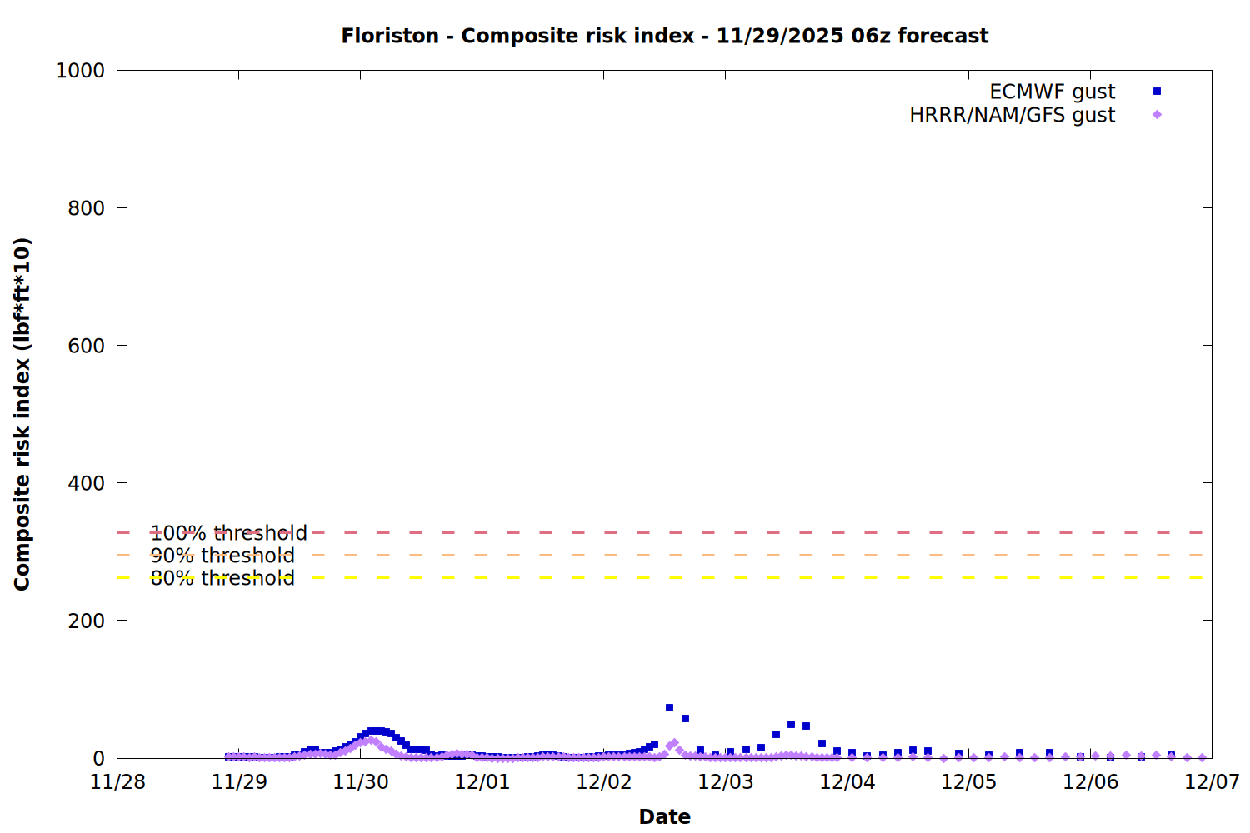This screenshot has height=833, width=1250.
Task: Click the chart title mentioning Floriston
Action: point(664,36)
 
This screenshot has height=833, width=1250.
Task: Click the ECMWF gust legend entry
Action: point(1052,92)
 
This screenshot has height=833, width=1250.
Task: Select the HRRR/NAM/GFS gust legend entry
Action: point(1012,115)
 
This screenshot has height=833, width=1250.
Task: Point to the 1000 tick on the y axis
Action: point(80,71)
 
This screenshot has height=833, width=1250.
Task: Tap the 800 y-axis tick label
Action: point(86,208)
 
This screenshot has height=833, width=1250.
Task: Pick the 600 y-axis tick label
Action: point(86,346)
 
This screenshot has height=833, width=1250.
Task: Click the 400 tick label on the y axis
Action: point(86,483)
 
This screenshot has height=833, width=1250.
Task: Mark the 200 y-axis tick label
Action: point(86,621)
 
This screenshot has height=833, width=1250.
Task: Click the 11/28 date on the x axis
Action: point(117,782)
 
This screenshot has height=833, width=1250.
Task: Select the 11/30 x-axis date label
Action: point(361,782)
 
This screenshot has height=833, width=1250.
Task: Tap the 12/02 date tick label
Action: point(604,782)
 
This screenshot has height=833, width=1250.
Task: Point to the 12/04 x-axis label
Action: point(847,782)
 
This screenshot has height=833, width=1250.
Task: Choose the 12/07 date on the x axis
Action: point(1212,782)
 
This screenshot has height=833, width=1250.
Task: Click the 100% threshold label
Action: point(228,533)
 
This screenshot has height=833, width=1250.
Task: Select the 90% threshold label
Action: point(222,556)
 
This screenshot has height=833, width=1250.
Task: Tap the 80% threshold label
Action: point(222,578)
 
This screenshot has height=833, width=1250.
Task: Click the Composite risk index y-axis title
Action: point(22,414)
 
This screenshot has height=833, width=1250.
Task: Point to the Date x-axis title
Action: point(664,816)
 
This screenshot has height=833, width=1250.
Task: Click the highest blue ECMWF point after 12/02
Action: point(669,708)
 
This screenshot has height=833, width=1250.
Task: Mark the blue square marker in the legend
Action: point(1157,92)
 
